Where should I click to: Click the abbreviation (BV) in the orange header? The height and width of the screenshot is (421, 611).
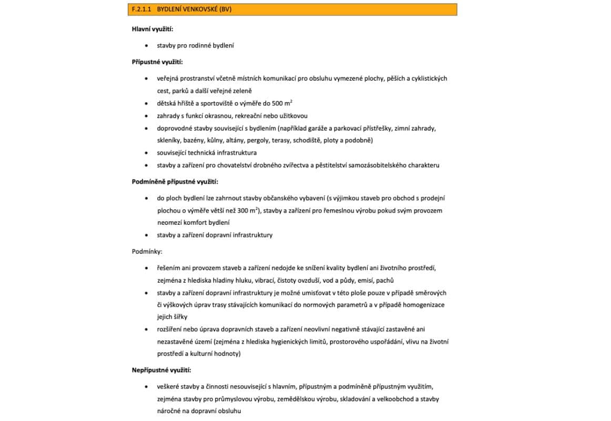[224, 9]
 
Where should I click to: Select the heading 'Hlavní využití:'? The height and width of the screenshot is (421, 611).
[152, 29]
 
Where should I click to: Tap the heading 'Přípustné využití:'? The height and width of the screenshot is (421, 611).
[157, 62]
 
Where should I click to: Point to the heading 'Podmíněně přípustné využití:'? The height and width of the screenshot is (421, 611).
[175, 182]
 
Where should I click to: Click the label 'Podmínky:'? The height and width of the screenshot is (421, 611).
[147, 252]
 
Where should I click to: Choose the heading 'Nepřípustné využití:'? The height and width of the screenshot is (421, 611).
[161, 370]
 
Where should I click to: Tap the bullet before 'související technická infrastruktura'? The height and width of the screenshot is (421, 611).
[147, 153]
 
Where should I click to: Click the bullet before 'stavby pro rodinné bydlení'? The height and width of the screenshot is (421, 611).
[147, 45]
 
